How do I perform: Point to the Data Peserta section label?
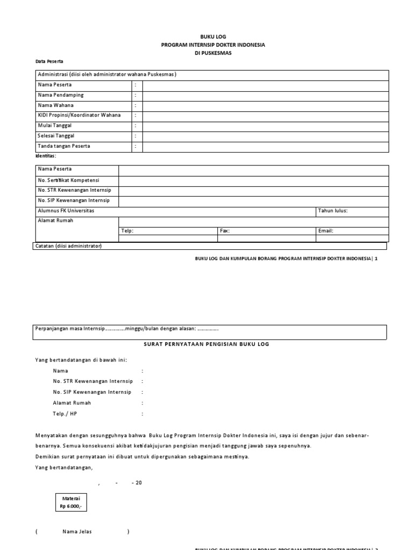[x=49, y=62]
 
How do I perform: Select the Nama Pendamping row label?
[x=60, y=95]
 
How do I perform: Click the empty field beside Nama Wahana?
[x=265, y=106]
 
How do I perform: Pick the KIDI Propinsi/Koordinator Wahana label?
[x=79, y=115]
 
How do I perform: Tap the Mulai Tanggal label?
[x=54, y=126]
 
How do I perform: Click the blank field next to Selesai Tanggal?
[x=265, y=136]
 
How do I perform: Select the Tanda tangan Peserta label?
[x=63, y=146]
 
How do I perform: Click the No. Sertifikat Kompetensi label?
[x=68, y=180]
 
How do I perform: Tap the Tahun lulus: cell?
[x=333, y=211]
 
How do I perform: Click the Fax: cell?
[x=225, y=231]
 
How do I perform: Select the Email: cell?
[x=326, y=231]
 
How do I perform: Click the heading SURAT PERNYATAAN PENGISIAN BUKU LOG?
[x=207, y=344]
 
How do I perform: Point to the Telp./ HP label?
[x=65, y=414]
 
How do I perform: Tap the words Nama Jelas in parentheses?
[x=77, y=532]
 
